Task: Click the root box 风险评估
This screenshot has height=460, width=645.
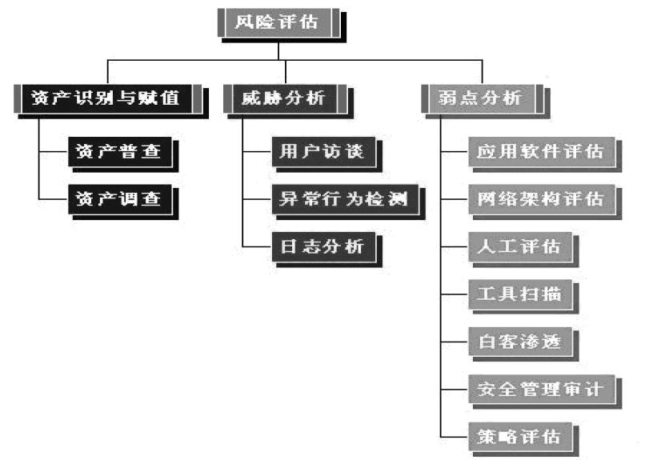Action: pyautogui.click(x=277, y=22)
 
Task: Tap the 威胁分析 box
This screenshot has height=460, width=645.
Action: pyautogui.click(x=285, y=99)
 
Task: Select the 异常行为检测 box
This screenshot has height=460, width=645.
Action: pyautogui.click(x=344, y=198)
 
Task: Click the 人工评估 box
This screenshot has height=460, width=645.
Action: pyautogui.click(x=519, y=246)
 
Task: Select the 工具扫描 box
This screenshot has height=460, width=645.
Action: pyautogui.click(x=519, y=294)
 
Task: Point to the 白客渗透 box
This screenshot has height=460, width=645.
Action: pyautogui.click(x=519, y=342)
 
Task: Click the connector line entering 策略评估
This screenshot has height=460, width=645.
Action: pyautogui.click(x=454, y=436)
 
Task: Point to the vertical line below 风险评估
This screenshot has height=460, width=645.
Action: pyautogui.click(x=277, y=50)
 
